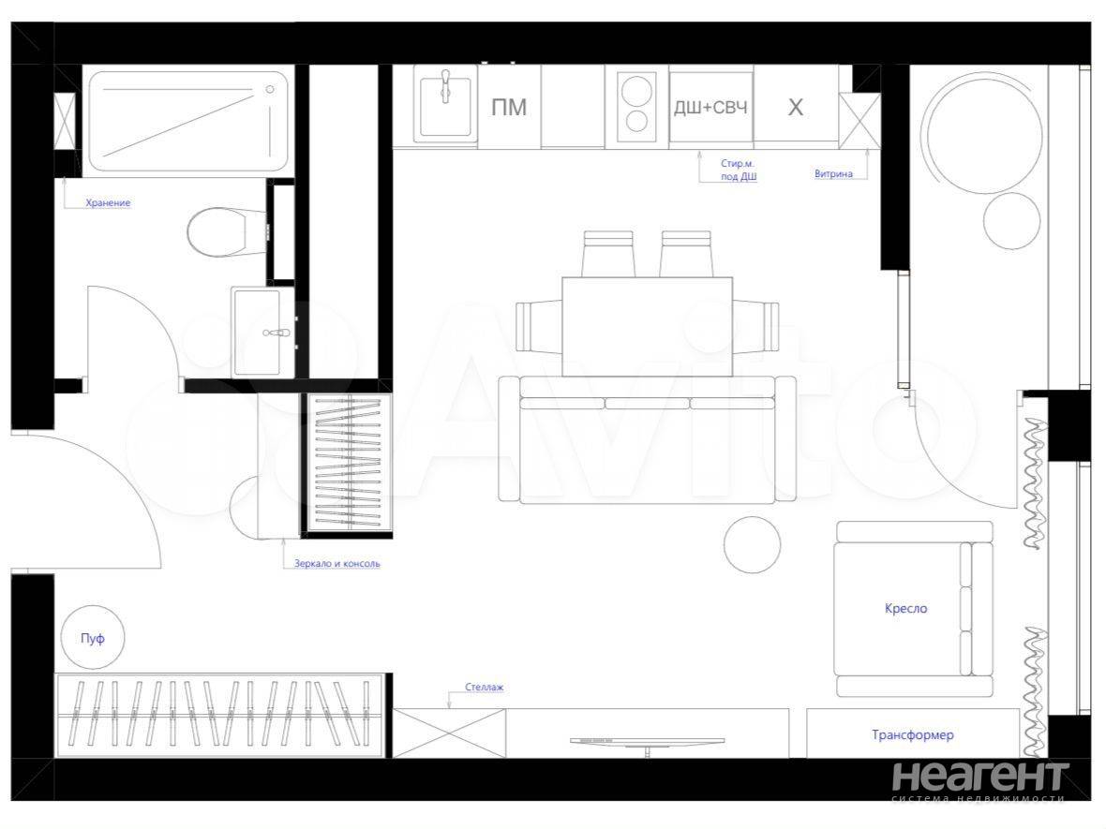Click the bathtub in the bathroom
click(188, 121)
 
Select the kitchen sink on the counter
click(445, 107)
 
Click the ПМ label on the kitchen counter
click(509, 107)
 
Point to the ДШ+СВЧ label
click(710, 107)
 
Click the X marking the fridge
click(795, 107)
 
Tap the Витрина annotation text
click(833, 173)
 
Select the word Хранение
click(108, 203)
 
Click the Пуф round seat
click(93, 639)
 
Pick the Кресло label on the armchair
click(905, 608)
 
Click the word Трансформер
click(913, 734)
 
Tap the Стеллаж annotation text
click(484, 687)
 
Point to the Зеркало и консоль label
click(337, 563)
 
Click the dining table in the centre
click(647, 326)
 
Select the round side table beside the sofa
click(752, 545)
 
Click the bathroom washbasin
click(262, 332)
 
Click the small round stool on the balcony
click(1011, 221)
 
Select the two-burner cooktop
click(637, 106)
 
